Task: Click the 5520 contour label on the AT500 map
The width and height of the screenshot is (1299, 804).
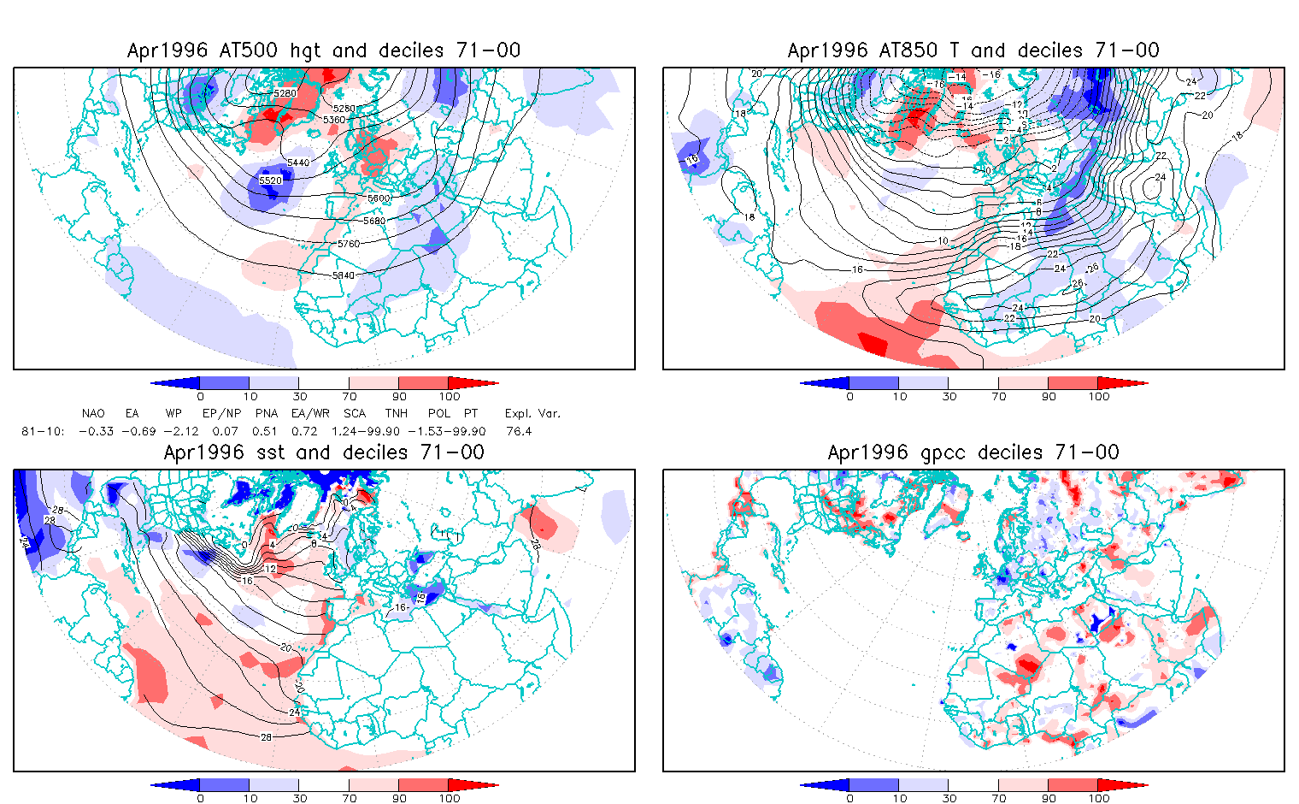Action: (270, 180)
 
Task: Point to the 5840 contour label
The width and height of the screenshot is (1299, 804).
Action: (343, 275)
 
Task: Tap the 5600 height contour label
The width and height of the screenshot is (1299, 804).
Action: (378, 198)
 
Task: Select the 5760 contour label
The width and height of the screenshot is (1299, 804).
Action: (348, 245)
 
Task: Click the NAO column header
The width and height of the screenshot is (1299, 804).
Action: (93, 413)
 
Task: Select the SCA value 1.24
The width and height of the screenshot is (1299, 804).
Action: (345, 431)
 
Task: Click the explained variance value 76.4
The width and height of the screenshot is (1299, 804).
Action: (519, 431)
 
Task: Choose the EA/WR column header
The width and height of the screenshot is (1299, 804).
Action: (306, 413)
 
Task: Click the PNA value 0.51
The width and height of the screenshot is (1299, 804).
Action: (265, 431)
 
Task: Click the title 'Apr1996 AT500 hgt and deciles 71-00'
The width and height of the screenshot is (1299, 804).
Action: (324, 50)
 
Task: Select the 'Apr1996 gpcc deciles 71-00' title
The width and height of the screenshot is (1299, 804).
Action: (973, 452)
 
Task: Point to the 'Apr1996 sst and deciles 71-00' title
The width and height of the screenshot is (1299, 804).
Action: (324, 452)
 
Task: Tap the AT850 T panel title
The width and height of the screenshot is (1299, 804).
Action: (973, 50)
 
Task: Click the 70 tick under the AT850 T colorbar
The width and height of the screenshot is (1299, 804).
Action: (999, 396)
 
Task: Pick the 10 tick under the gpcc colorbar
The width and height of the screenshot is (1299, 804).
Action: (899, 798)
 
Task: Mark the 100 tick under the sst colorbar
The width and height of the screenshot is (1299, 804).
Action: (450, 798)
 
